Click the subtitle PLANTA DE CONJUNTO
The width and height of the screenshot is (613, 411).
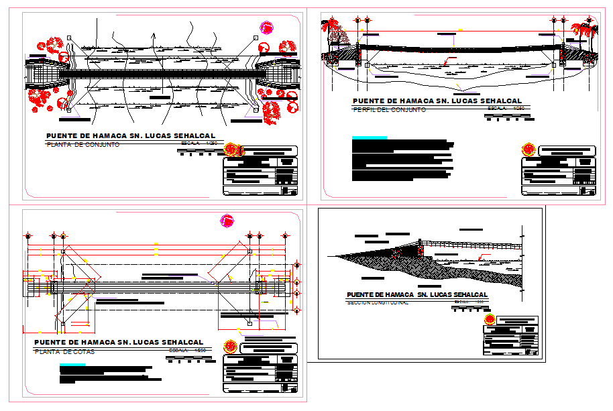click(82, 144)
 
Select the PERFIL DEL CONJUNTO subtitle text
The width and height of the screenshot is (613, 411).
click(389, 109)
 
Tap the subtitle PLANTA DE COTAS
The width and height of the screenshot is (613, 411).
click(65, 351)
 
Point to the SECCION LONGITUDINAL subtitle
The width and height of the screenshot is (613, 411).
click(378, 302)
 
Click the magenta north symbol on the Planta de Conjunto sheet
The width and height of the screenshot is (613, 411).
click(268, 27)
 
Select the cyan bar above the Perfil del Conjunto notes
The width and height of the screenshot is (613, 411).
click(369, 137)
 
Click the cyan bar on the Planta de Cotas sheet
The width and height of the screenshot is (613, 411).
click(72, 365)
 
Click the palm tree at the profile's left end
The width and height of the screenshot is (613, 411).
click(331, 28)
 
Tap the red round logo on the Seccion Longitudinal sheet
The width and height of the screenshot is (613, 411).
click(490, 319)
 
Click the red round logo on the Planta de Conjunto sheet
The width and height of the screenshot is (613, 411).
click(233, 148)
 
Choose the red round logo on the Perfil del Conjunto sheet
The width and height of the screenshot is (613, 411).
click(528, 148)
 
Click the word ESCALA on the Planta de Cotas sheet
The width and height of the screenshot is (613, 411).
click(178, 351)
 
